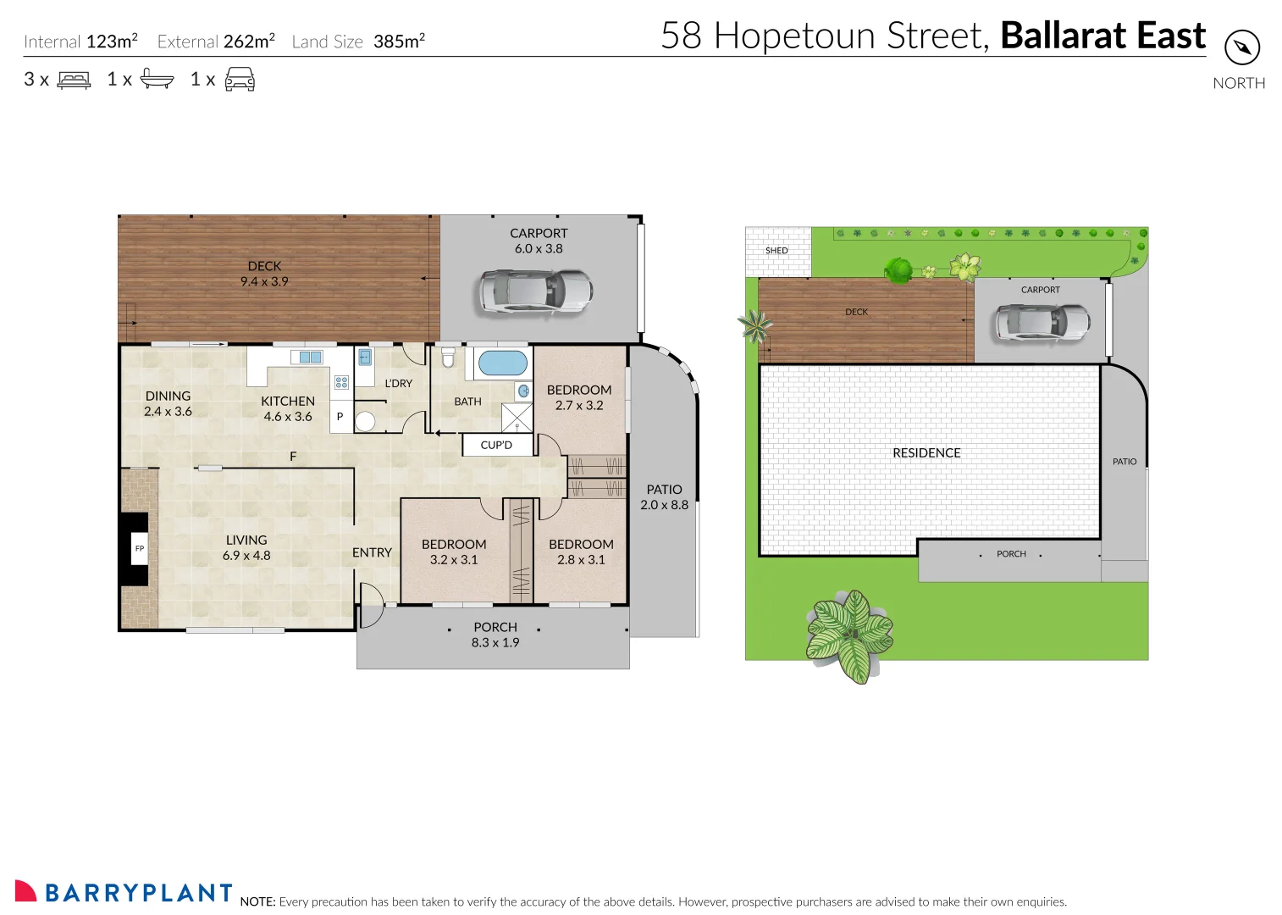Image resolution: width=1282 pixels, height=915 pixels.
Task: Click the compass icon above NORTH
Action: (x=1242, y=47)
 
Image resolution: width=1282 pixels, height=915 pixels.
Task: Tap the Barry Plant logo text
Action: (x=138, y=893)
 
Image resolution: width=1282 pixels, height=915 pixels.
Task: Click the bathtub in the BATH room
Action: (x=502, y=363)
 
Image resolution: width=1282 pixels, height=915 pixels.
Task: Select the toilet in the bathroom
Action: (x=449, y=358)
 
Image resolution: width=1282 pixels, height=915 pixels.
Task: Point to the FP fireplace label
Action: (x=140, y=548)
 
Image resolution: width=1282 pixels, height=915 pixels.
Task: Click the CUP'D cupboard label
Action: (x=496, y=445)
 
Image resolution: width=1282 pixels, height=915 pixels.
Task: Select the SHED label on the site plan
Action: (x=776, y=251)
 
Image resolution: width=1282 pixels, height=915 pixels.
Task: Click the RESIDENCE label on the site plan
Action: (x=926, y=453)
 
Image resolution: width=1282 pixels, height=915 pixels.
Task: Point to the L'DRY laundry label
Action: (x=398, y=384)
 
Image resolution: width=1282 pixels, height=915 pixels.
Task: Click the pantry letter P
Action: (x=340, y=417)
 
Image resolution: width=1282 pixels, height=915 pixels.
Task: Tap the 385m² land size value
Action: (x=399, y=41)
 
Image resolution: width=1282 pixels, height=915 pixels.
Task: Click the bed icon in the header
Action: (x=74, y=80)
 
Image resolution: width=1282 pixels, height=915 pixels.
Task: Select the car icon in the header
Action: (x=240, y=80)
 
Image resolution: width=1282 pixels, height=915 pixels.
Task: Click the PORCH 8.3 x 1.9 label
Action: (x=495, y=635)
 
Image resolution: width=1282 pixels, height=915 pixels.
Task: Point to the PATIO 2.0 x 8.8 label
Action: (x=664, y=497)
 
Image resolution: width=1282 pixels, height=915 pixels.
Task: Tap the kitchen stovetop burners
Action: (x=341, y=383)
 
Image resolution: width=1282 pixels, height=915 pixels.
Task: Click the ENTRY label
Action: (x=372, y=552)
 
